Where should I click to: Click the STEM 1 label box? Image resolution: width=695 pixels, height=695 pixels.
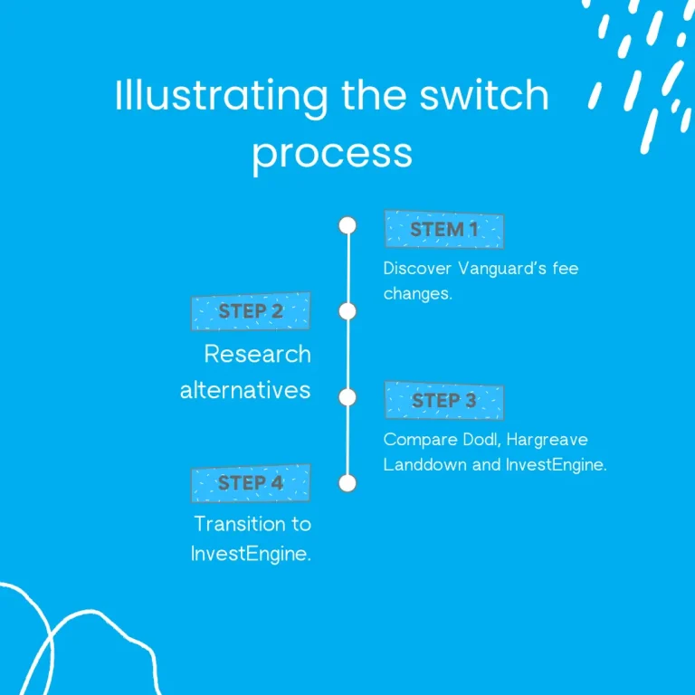click(x=443, y=230)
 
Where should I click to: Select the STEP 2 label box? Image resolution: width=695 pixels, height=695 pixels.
click(x=251, y=311)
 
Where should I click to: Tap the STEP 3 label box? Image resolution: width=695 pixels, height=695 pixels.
click(x=443, y=400)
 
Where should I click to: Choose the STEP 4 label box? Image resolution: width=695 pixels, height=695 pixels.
click(x=251, y=483)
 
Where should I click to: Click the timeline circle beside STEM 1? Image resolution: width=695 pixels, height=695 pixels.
click(x=347, y=225)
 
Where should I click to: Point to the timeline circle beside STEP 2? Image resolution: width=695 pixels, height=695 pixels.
click(x=347, y=311)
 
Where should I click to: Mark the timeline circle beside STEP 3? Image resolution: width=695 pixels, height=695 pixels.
click(x=347, y=397)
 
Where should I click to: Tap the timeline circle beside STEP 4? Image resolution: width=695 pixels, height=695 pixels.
click(x=347, y=483)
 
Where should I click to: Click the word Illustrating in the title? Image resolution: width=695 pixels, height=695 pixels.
click(x=221, y=97)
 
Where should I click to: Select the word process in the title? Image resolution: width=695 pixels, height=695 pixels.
click(x=332, y=153)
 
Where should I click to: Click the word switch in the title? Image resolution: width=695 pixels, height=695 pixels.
click(x=493, y=97)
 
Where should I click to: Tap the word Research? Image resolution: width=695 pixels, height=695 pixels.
click(x=257, y=353)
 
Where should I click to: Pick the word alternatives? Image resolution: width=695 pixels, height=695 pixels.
click(x=245, y=390)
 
